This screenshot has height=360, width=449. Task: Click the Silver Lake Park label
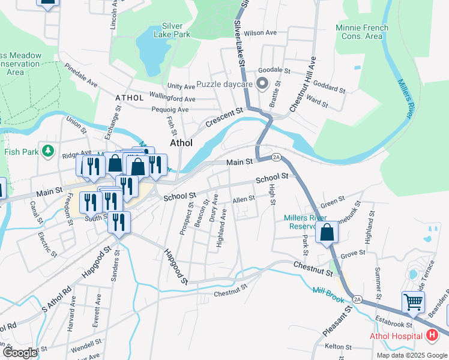pos(176,30)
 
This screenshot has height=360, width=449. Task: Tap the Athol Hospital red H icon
pos(432,336)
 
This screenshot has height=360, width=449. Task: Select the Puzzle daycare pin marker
pos(262,84)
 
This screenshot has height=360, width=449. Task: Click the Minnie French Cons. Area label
pos(362,32)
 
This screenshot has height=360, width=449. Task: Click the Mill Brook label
pos(327,292)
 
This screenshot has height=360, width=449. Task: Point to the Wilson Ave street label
pos(260,33)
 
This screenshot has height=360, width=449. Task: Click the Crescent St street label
pos(223,117)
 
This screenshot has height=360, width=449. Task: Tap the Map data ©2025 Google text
pos(411,355)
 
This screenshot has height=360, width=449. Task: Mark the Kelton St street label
pos(337,347)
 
